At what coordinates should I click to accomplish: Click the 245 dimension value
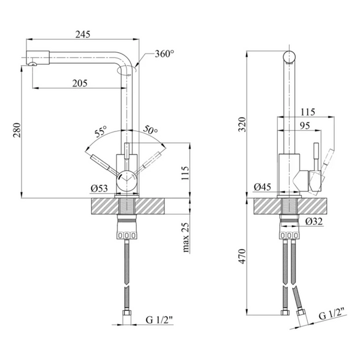[83, 34]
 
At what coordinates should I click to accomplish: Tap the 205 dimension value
[80, 83]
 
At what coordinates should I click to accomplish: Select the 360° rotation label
[164, 54]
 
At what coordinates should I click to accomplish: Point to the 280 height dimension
[17, 130]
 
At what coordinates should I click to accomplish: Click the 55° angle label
[101, 131]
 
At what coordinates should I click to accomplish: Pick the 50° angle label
[151, 130]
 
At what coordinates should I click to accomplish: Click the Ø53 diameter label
[99, 188]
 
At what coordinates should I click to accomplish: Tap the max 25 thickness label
[187, 238]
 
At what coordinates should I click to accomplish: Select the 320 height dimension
[242, 124]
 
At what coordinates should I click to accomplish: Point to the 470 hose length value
[242, 256]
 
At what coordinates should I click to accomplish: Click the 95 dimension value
[305, 125]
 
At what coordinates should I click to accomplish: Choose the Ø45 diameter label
[262, 187]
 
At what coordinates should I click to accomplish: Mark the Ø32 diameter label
[314, 221]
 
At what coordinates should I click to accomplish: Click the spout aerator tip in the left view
[33, 64]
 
